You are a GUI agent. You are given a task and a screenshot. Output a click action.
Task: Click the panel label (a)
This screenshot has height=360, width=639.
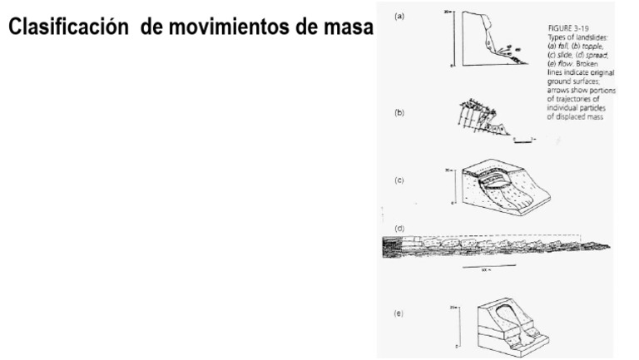401,15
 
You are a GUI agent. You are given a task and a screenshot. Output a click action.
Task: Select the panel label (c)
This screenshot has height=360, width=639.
401,180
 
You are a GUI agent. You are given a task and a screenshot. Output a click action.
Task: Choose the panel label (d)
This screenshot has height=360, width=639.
401,227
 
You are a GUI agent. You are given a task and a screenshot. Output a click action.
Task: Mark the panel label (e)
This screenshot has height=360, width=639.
401,314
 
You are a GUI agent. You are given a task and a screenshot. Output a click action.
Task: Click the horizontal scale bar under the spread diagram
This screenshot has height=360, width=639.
488,266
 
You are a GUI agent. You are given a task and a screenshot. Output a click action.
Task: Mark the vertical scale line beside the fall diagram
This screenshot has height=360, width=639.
451,37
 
